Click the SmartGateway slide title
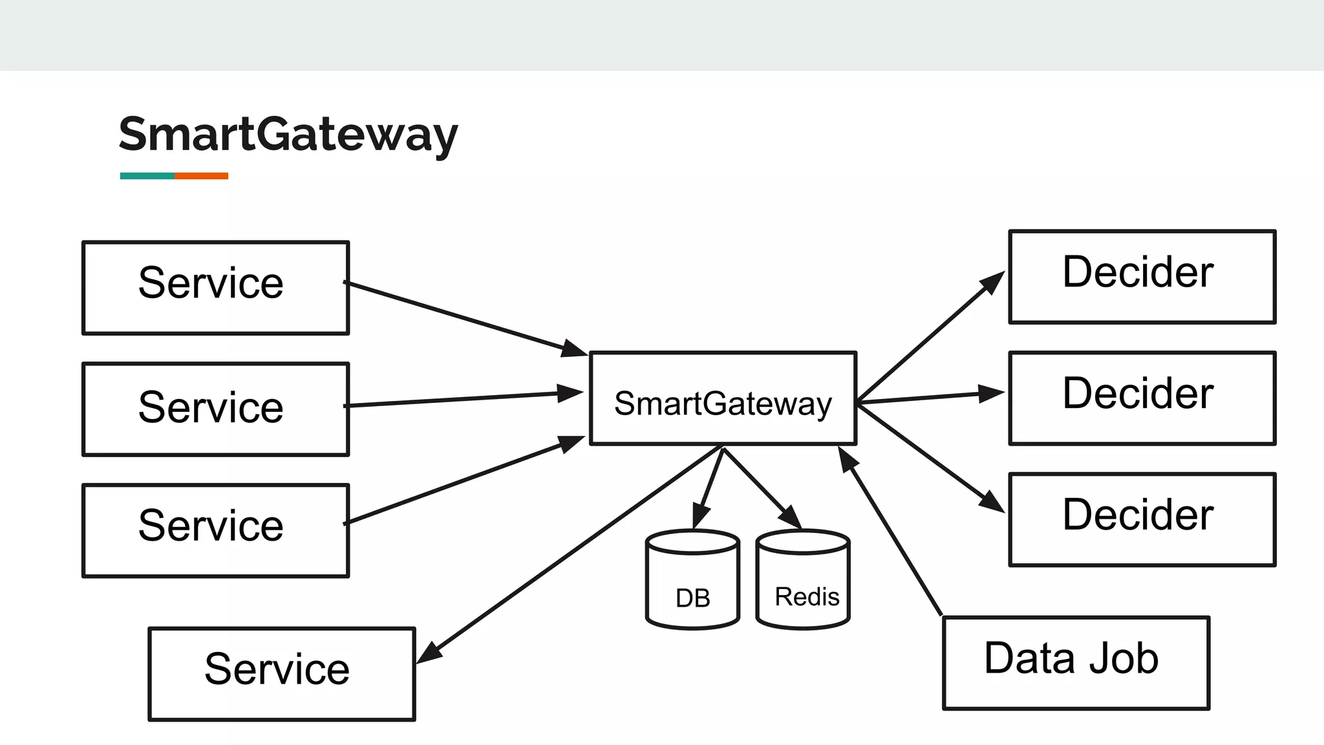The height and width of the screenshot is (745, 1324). [x=288, y=134]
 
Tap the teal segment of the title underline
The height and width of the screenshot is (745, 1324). [x=147, y=176]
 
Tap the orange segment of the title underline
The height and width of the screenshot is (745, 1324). [x=201, y=176]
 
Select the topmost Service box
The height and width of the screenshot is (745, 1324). [x=215, y=288]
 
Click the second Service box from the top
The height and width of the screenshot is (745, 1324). [x=215, y=409]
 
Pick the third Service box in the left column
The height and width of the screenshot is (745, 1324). [x=215, y=530]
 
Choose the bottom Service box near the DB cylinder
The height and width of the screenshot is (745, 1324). [x=282, y=673]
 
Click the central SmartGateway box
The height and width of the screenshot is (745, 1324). [x=723, y=398]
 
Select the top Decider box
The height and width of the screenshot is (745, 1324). [x=1142, y=277]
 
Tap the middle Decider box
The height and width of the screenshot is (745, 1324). [x=1142, y=398]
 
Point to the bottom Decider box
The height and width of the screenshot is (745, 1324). [x=1142, y=519]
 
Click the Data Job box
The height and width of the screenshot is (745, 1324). [x=1076, y=663]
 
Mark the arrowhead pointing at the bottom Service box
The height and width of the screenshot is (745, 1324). [x=429, y=654]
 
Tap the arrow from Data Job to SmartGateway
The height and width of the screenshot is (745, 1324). [x=892, y=534]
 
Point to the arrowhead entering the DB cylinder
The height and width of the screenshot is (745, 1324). [x=699, y=518]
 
